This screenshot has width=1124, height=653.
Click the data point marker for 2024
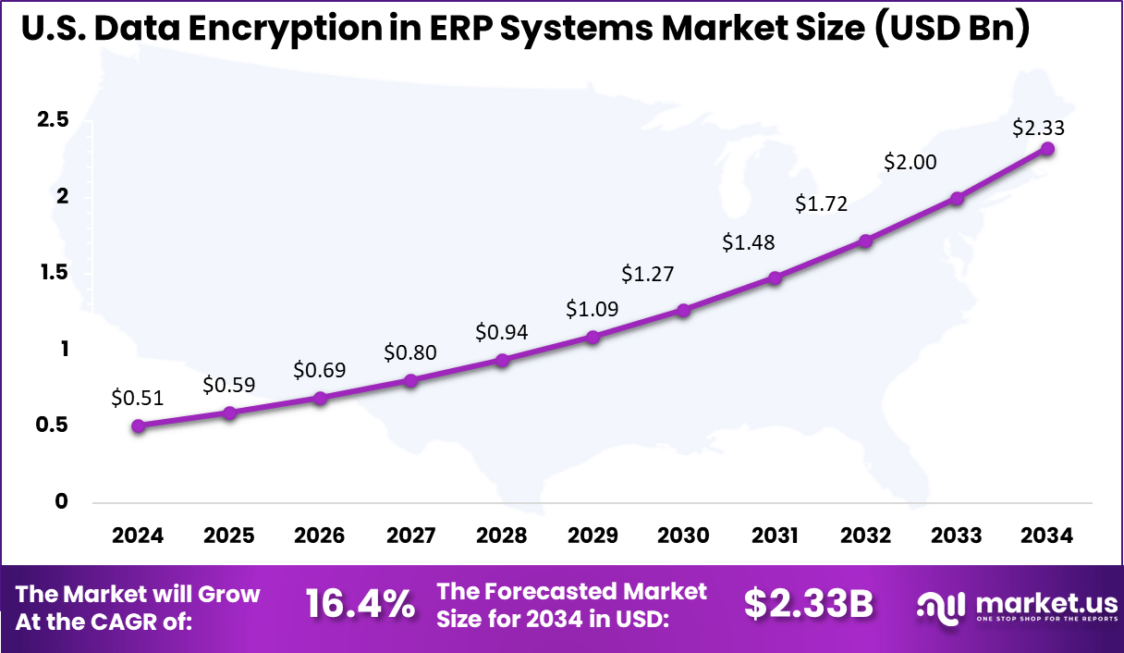coord(138,426)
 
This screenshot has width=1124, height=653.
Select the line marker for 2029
coord(593,337)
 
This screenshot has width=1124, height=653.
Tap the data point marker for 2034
coord(1047,148)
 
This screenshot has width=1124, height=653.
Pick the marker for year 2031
coord(775,277)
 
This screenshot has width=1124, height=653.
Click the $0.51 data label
coord(137,399)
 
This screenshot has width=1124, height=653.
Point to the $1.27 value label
coord(647,274)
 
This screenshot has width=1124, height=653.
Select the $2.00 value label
coord(910,162)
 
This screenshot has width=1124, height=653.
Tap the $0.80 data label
coord(410,352)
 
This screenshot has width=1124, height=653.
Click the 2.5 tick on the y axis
coord(52,120)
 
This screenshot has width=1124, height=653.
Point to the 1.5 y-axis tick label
coord(52,273)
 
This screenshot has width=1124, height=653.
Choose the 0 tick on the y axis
coord(62,501)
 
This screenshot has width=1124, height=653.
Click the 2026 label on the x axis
coord(320,536)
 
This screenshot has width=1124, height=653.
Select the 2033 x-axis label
coord(957,536)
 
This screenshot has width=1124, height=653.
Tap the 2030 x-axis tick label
coord(684,536)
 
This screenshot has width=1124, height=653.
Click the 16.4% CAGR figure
coord(360,605)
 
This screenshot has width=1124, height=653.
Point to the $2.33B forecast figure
coord(809,605)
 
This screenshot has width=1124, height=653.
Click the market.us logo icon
coord(940,606)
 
